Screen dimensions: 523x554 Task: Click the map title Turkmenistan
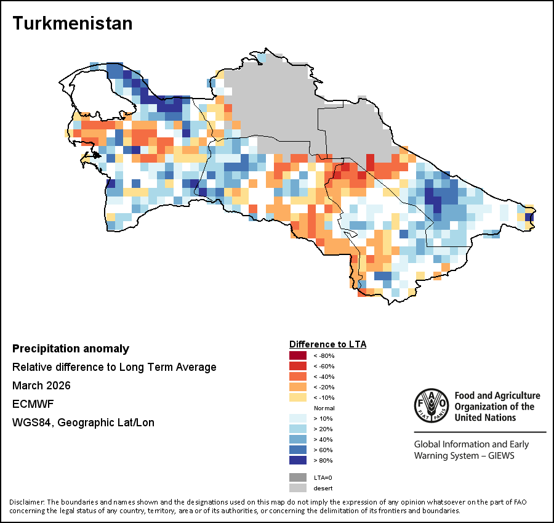(73, 23)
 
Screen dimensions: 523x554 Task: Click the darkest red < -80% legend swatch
(298, 355)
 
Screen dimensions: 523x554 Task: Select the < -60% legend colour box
(298, 366)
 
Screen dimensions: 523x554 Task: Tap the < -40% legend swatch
(298, 376)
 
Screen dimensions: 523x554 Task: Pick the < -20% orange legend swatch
(298, 387)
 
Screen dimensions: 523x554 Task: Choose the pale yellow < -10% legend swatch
(298, 397)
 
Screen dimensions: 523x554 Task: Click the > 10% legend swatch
(298, 418)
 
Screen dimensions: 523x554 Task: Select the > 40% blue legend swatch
(298, 439)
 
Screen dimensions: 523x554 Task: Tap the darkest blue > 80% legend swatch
(298, 460)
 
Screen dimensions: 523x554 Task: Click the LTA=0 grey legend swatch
(298, 477)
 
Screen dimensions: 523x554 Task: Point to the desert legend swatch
(298, 488)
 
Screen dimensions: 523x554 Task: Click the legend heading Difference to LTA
(327, 344)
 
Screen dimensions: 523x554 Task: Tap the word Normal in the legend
(324, 408)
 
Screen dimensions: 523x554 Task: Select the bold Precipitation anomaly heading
(71, 349)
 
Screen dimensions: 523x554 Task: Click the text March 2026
(41, 386)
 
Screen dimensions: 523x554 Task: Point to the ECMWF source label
(30, 404)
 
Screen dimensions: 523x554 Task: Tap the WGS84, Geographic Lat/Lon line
(83, 423)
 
